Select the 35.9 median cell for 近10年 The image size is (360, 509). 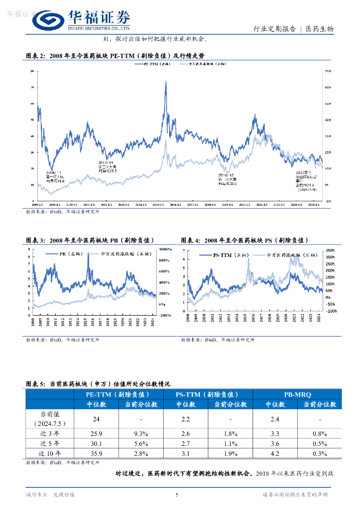96,453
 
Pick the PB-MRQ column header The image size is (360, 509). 297,394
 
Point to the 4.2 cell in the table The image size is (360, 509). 274,453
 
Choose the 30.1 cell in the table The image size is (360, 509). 96,443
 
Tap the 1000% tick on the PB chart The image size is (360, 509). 165,249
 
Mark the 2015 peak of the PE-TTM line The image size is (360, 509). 165,83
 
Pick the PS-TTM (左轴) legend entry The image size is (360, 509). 223,255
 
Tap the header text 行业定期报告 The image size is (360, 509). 274,29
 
